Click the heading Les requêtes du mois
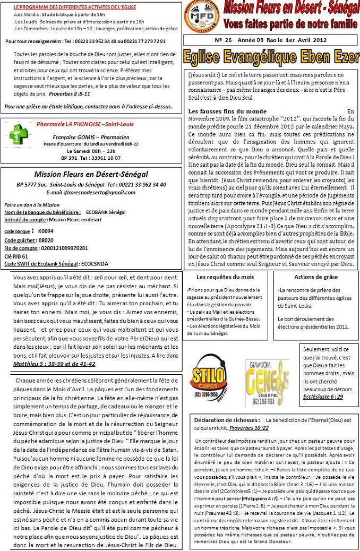[225, 277]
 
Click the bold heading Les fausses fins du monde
[227, 111]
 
